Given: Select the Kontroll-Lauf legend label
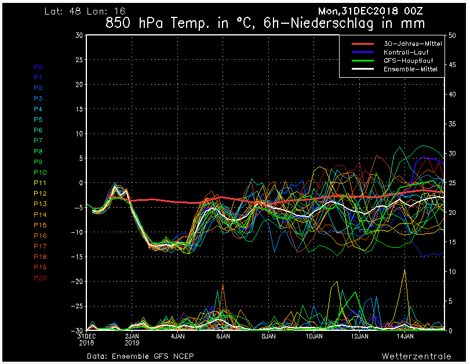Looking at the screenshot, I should [x=406, y=52].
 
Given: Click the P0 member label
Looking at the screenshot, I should [x=38, y=67].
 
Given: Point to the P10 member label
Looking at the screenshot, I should [x=40, y=172].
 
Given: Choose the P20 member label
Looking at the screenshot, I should [x=40, y=278].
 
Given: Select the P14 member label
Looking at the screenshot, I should [x=40, y=215].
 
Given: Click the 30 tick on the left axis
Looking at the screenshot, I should [x=78, y=35].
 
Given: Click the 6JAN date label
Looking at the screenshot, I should [x=223, y=336].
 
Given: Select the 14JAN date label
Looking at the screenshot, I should [x=405, y=336].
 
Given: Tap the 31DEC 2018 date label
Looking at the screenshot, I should [x=86, y=339].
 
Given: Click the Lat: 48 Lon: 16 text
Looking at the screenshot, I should [x=84, y=11].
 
